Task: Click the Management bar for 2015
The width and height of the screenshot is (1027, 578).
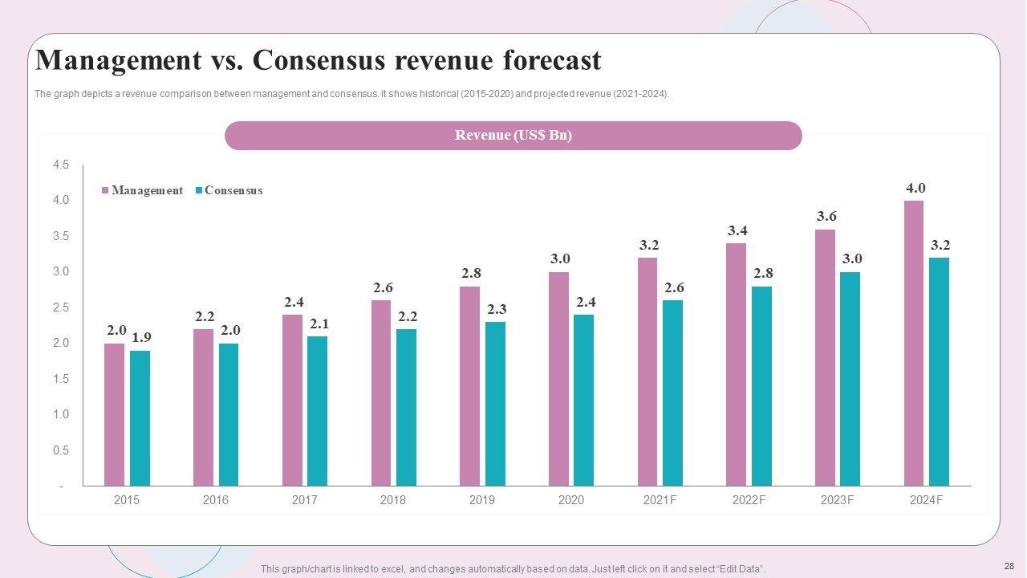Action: tap(115, 414)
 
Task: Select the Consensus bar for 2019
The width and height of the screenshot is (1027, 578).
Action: tap(495, 404)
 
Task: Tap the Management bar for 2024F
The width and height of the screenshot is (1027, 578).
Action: tap(914, 343)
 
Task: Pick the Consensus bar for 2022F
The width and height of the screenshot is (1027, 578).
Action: tap(761, 386)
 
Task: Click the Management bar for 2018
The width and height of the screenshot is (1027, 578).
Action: tap(381, 393)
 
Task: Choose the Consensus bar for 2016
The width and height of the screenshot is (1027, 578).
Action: tap(229, 414)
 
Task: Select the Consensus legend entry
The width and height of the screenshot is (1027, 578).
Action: tap(233, 190)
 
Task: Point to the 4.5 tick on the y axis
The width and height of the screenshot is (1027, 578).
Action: tap(61, 165)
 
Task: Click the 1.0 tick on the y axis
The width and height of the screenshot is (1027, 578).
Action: tap(61, 414)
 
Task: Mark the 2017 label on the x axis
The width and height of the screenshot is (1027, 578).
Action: tap(304, 499)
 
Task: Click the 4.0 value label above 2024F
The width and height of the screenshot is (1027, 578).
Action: tap(915, 188)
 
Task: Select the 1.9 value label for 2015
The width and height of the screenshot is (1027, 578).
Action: tap(141, 337)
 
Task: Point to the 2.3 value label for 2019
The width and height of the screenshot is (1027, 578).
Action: tap(497, 309)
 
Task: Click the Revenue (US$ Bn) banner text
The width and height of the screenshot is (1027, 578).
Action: tap(513, 135)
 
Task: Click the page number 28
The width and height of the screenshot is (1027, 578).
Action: tap(1009, 566)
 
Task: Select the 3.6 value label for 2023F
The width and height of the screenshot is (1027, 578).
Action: tap(826, 216)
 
